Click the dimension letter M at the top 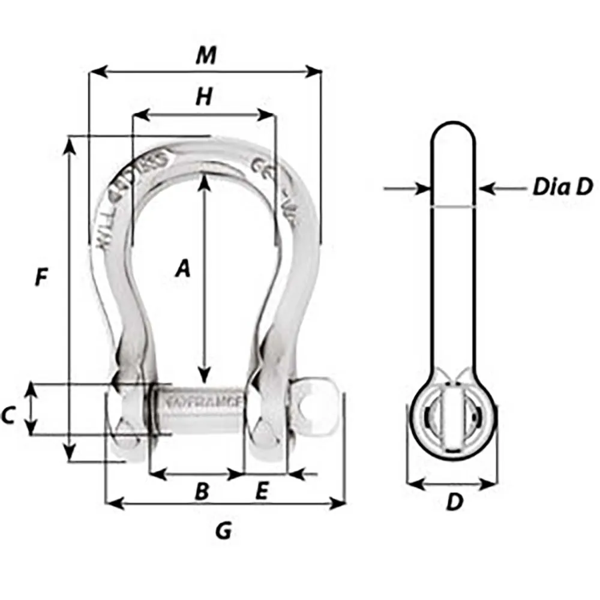(x=206, y=55)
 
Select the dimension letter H (x=205, y=97)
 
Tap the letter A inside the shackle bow (x=182, y=268)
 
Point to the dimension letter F (x=40, y=277)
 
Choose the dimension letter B (x=202, y=491)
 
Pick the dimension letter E (x=262, y=491)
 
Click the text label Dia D (x=562, y=188)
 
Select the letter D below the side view (x=455, y=502)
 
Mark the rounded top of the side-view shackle (x=454, y=127)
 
